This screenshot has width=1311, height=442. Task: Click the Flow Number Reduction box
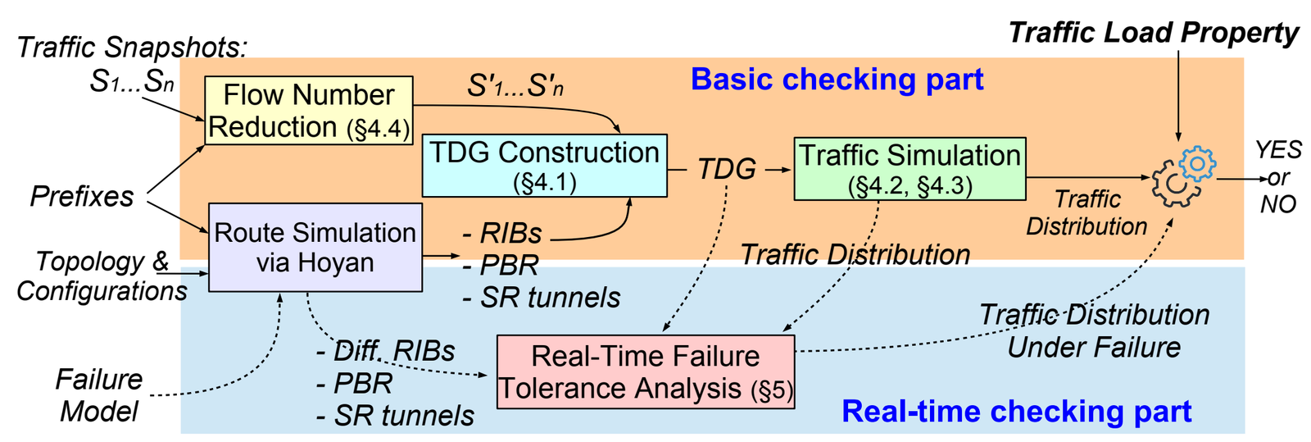click(308, 111)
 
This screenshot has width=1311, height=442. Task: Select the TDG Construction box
click(544, 166)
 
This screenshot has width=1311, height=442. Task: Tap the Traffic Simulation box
click(910, 169)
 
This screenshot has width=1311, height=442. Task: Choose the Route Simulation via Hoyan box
click(315, 247)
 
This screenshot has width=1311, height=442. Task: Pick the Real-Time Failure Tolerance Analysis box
click(646, 371)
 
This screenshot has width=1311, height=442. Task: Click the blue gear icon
click(1197, 163)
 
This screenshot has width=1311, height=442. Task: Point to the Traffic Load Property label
click(1153, 33)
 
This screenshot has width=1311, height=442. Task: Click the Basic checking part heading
click(837, 80)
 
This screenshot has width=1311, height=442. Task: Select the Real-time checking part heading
click(1016, 411)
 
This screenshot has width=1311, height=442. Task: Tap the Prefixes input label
click(82, 197)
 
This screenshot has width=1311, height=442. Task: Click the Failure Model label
click(99, 395)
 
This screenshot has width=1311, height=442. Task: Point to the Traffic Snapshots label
click(131, 48)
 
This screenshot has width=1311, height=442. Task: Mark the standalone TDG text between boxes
click(726, 170)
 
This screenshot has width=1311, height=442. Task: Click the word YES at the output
click(1278, 150)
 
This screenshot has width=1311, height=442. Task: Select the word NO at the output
click(1278, 204)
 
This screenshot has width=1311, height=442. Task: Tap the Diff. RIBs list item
click(385, 351)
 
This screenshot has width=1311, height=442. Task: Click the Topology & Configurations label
click(102, 276)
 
